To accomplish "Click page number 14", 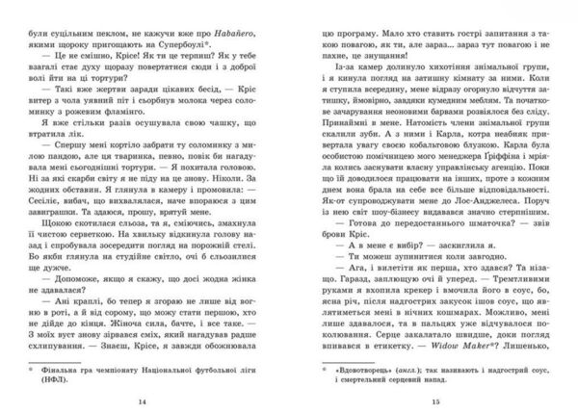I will tap(144, 400).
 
